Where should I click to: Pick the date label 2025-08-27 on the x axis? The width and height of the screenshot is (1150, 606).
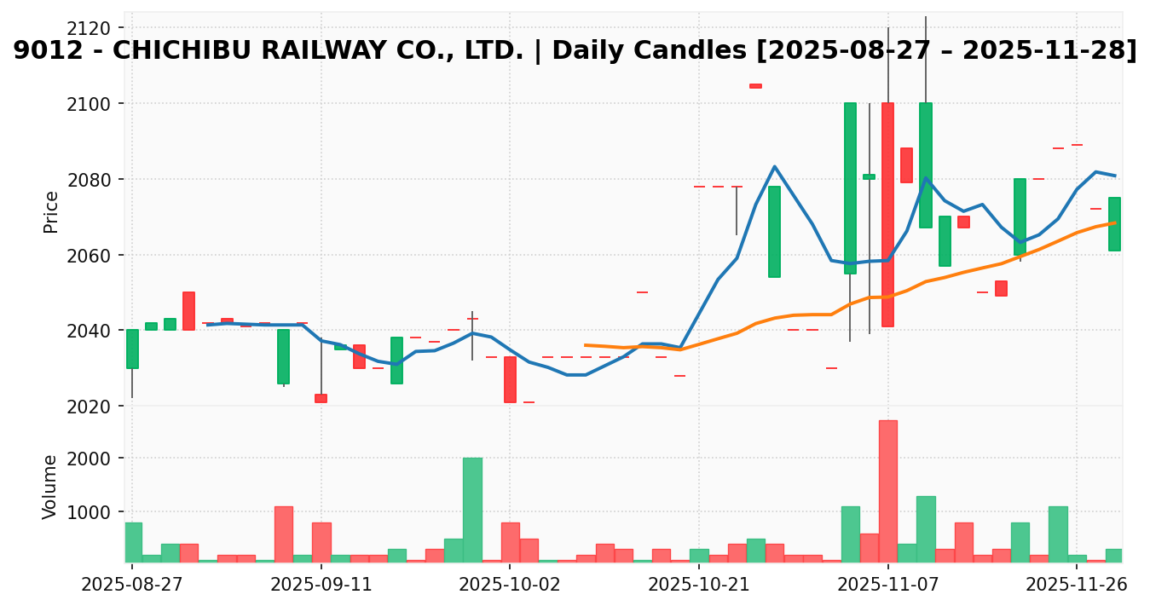[131, 586]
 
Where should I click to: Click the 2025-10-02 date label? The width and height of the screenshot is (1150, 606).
[510, 586]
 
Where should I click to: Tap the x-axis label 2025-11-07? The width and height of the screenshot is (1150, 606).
[887, 586]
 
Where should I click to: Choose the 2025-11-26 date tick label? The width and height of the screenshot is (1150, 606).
[1077, 586]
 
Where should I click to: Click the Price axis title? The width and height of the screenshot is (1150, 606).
[51, 211]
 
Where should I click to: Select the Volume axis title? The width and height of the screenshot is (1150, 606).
[51, 486]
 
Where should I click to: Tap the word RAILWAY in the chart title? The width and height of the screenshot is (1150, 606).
[324, 51]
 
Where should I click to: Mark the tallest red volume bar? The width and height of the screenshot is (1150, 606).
[887, 491]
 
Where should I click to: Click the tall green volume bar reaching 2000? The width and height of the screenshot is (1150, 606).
[472, 510]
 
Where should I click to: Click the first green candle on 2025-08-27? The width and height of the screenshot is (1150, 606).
[132, 349]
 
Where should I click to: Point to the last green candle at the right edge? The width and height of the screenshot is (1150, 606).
[1114, 224]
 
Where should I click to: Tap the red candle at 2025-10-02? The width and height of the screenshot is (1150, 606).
[510, 379]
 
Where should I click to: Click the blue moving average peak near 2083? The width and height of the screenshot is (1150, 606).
[774, 166]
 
